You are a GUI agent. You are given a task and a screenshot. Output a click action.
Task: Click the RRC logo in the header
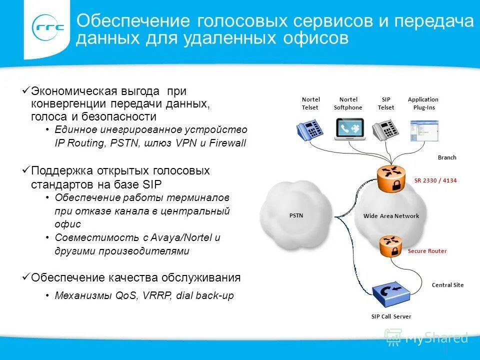point(48,28)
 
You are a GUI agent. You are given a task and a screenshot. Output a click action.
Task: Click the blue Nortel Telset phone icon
point(310,129)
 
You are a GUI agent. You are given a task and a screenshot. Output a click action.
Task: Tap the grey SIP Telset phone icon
point(385,129)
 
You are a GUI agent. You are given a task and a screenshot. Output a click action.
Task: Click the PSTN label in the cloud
point(296,215)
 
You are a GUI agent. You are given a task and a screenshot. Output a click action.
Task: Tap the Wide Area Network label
point(391,216)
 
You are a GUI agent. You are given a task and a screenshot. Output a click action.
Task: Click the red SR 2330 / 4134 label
point(435,180)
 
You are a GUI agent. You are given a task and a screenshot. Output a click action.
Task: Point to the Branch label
point(447,157)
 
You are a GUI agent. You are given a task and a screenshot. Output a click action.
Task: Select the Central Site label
point(447,285)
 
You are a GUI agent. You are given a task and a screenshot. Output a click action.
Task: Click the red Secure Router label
point(427,251)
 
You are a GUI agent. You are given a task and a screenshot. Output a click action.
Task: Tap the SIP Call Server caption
point(391,316)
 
